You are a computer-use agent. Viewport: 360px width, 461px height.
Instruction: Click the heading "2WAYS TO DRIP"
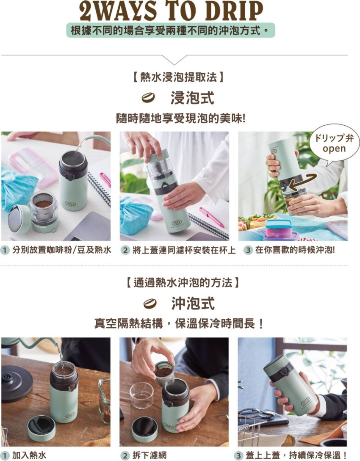pos(171,11)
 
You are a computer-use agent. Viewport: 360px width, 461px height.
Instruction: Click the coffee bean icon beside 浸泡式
pos(148,98)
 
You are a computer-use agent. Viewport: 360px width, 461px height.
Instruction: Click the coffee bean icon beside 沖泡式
pos(150,304)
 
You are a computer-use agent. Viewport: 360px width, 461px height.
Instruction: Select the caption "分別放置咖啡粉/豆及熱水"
pos(62,250)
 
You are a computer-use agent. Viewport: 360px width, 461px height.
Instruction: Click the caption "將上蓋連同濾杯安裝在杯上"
pos(184,250)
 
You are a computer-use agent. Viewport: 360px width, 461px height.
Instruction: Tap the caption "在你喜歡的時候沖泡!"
pos(295,250)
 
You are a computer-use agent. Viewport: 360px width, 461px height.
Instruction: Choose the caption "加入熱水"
pos(29,455)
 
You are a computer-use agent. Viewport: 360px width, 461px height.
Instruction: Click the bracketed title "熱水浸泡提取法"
pos(178,77)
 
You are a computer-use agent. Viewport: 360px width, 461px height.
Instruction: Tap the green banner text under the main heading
pos(171,30)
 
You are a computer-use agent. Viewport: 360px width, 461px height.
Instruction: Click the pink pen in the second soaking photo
pos(211,217)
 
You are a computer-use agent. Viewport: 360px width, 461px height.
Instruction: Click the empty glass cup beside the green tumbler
pos(141,395)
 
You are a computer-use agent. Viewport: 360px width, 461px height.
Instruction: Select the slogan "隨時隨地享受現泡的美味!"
pos(180,119)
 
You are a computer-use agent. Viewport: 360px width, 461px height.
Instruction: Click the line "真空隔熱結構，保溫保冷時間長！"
pos(179,324)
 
